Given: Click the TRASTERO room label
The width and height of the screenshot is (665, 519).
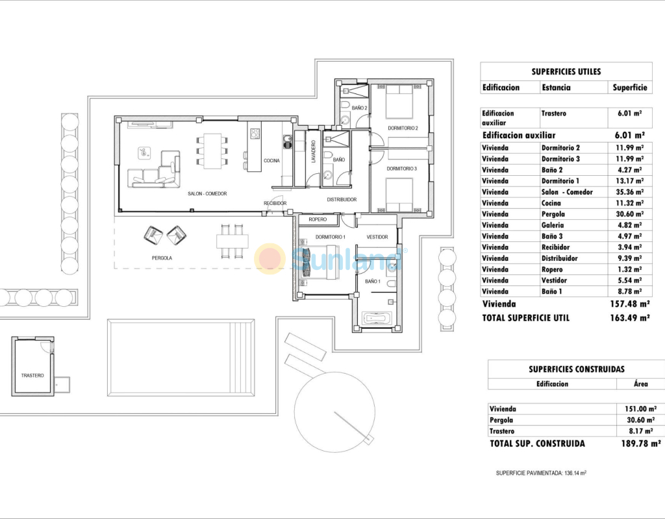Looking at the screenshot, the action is pyautogui.click(x=32, y=376).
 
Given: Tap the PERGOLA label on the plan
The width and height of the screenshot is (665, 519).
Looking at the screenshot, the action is pyautogui.click(x=162, y=258).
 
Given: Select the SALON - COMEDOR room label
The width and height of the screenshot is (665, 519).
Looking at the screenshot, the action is pyautogui.click(x=207, y=193).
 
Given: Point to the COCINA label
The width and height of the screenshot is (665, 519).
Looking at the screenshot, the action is pyautogui.click(x=272, y=161).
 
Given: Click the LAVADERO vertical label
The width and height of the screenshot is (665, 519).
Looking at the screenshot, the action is pyautogui.click(x=314, y=152).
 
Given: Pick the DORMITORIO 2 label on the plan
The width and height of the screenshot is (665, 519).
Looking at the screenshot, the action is pyautogui.click(x=403, y=128).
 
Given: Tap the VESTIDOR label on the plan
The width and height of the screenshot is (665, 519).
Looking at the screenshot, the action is pyautogui.click(x=377, y=237).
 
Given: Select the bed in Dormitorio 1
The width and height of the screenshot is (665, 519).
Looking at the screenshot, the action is pyautogui.click(x=319, y=263).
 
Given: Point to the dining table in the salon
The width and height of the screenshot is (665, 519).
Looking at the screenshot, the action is pyautogui.click(x=212, y=151).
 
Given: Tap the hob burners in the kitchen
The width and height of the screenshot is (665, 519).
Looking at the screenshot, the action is pyautogui.click(x=255, y=134).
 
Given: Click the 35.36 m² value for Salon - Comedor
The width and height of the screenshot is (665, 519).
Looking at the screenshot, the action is pyautogui.click(x=630, y=192).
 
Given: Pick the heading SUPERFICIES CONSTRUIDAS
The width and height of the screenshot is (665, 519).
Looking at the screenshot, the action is pyautogui.click(x=577, y=369).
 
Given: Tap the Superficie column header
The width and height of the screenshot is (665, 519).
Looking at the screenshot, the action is pyautogui.click(x=630, y=88).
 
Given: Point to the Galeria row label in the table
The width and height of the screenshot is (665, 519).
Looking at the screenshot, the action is pyautogui.click(x=553, y=225).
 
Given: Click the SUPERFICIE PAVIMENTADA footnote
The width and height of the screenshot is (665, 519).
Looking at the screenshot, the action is pyautogui.click(x=541, y=473).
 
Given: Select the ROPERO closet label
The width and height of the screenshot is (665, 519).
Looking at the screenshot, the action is pyautogui.click(x=318, y=219).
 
